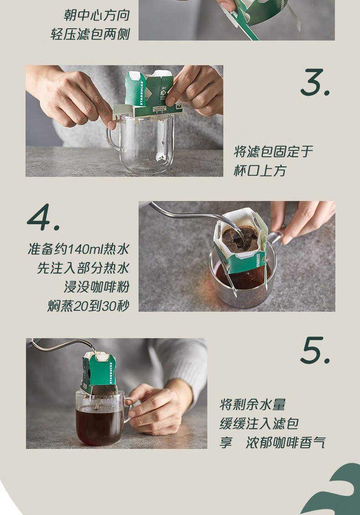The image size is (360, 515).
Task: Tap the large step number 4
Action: (43, 217)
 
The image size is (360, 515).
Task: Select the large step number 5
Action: (315, 350)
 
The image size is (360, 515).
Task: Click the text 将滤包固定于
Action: (273, 152)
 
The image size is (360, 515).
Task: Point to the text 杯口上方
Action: (260, 171)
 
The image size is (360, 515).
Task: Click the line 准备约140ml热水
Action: (78, 249)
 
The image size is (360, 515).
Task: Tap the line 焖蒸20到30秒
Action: (88, 306)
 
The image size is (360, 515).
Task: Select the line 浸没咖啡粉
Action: (97, 287)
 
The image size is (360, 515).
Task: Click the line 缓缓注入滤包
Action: (259, 424)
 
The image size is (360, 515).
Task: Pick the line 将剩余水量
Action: (252, 405)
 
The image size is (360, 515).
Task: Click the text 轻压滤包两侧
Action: (90, 34)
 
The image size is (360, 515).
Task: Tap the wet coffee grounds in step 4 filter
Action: (240, 239)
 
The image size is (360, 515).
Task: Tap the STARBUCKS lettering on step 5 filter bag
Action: (111, 373)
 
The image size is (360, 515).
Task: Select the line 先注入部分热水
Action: (83, 268)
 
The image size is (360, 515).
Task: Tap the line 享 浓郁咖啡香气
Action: (273, 443)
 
